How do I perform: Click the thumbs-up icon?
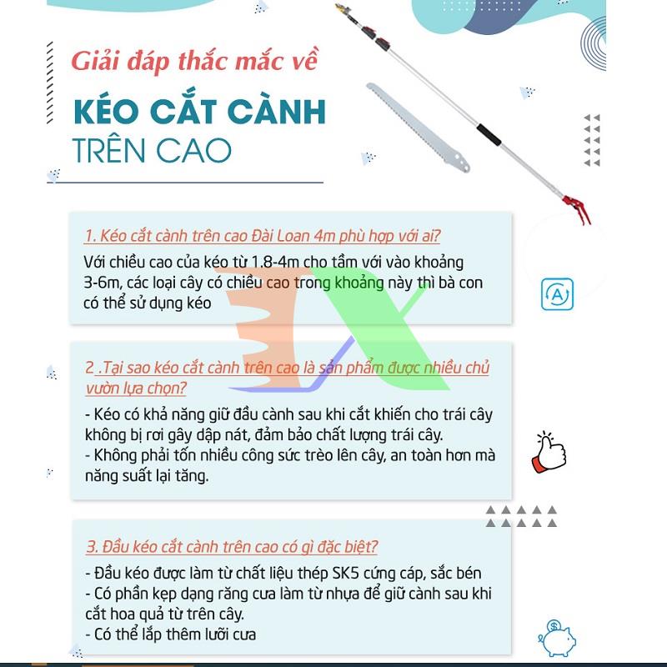[x=549, y=453]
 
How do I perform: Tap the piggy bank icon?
[x=557, y=638]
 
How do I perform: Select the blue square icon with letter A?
[x=557, y=294]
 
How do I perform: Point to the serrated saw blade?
[x=418, y=128]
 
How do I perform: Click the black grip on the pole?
[x=489, y=134]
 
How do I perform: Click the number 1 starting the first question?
[x=89, y=236]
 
